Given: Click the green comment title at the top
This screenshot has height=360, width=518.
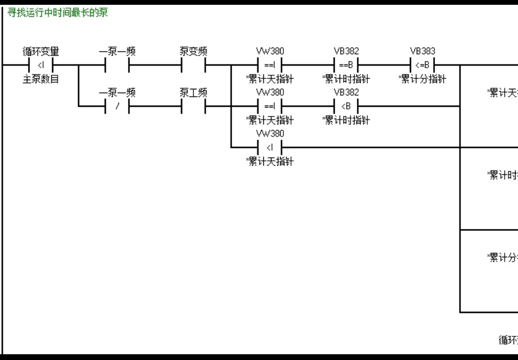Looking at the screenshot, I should click(x=58, y=12).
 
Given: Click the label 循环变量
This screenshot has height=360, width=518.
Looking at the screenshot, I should click(x=41, y=51).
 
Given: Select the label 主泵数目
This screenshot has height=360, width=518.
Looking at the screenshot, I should click(x=41, y=79).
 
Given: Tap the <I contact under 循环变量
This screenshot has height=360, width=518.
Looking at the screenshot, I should click(x=41, y=65).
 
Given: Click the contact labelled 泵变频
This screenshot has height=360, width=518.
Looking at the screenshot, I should click(x=193, y=65).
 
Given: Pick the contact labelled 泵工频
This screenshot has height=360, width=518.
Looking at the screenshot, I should click(x=193, y=106).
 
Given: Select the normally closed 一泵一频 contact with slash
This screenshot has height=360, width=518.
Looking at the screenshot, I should click(x=117, y=106).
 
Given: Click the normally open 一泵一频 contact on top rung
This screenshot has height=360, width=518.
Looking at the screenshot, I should click(x=117, y=65).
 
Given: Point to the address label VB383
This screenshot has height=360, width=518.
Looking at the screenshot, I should click(x=422, y=51).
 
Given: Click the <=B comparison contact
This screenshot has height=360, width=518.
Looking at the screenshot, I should click(x=423, y=65).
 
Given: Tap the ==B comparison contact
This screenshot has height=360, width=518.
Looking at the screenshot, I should click(x=346, y=65).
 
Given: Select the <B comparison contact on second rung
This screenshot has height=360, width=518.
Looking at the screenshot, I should click(x=346, y=106).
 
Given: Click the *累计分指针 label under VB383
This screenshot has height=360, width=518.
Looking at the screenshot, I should click(x=423, y=79).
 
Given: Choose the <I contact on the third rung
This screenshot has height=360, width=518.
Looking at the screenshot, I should click(x=270, y=147).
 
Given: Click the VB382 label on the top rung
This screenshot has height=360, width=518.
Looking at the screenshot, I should click(x=346, y=51).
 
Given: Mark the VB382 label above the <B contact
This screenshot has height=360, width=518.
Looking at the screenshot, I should click(x=346, y=92).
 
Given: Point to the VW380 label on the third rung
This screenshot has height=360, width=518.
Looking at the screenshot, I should click(x=270, y=133).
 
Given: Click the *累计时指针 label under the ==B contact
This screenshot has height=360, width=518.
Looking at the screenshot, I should click(x=346, y=79).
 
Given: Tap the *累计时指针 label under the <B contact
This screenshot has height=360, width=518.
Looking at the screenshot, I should click(x=346, y=120).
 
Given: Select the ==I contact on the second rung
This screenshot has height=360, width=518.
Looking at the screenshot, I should click(x=270, y=106).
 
